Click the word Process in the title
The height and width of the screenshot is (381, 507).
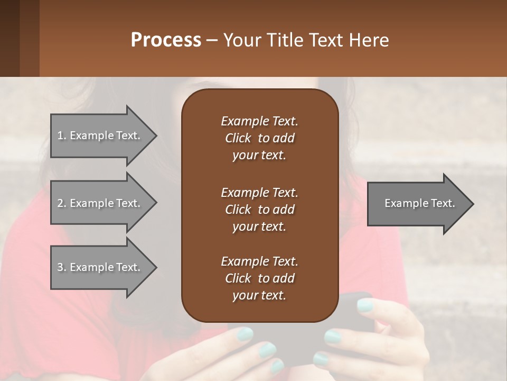point(166,40)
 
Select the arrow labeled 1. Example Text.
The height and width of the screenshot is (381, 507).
point(100,135)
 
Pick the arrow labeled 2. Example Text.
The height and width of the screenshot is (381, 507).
point(100,203)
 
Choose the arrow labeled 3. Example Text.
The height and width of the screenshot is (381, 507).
point(100,267)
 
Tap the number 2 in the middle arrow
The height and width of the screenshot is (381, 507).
point(60,203)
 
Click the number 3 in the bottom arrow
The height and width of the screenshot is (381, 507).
point(60,267)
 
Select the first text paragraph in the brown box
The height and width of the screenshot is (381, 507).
point(259,138)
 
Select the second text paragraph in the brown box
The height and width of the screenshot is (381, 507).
point(259,210)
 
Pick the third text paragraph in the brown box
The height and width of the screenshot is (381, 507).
point(259,278)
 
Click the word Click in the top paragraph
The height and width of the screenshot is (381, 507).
point(238,138)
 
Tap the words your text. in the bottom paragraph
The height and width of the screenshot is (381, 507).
point(259,295)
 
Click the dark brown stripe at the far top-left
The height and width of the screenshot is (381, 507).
point(10,38)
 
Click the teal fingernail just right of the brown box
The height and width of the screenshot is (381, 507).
point(365,305)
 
